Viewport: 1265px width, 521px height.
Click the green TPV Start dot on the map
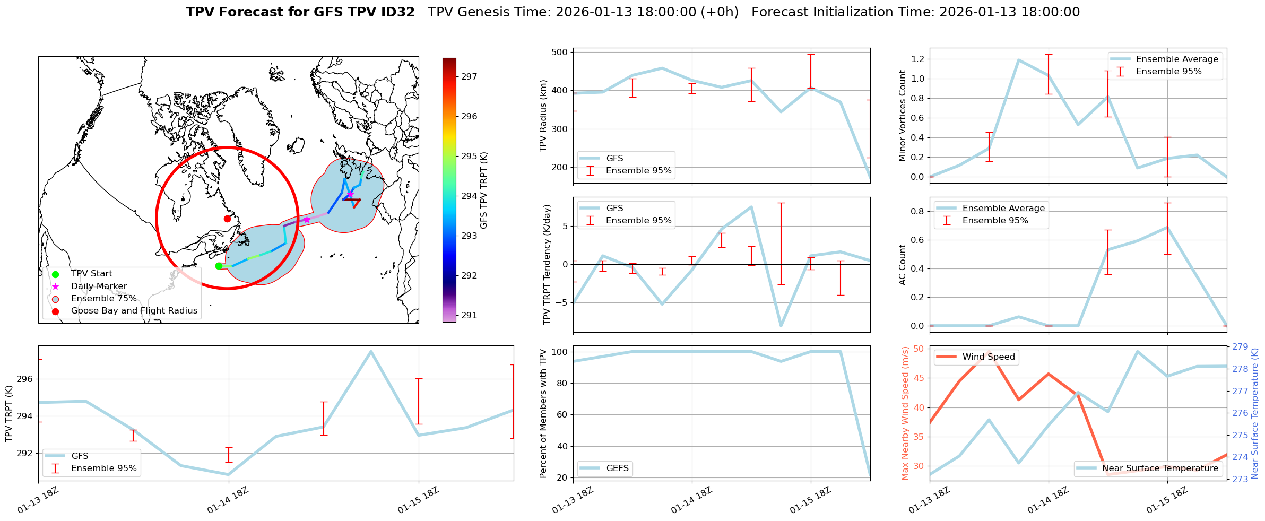coord(219,266)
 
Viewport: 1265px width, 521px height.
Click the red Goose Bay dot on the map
coord(227,219)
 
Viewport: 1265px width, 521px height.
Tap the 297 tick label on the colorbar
coord(469,76)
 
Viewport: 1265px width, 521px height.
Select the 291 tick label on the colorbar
coord(469,315)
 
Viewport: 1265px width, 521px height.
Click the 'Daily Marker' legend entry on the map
coord(99,286)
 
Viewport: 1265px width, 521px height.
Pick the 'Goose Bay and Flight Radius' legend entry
coord(134,311)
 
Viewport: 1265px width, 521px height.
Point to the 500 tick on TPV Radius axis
coord(560,52)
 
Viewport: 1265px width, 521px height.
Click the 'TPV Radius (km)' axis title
coord(543,116)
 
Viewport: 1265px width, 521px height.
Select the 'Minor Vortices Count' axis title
coord(903,116)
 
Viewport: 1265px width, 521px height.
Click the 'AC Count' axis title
coord(903,265)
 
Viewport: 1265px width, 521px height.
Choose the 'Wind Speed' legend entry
coord(988,357)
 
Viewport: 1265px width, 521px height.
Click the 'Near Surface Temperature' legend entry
coord(1160,468)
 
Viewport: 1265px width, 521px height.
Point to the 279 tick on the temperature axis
coord(1240,347)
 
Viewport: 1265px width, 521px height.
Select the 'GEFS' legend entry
coord(617,468)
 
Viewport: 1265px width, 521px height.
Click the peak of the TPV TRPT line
coord(370,351)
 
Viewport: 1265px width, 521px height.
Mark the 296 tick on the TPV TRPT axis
coord(24,379)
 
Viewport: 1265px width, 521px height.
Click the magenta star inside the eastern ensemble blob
coord(350,194)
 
